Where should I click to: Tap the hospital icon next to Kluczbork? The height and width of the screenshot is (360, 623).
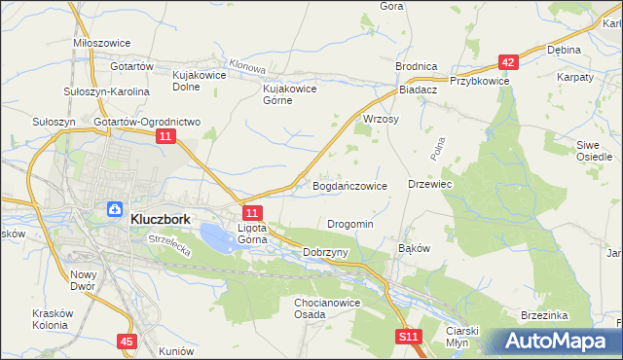coord(114,209)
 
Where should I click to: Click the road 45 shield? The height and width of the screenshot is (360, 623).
coord(127,342)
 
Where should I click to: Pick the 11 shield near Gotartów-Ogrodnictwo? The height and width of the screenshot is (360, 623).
coord(165,139)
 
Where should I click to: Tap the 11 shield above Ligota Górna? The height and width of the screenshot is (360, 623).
coord(252,212)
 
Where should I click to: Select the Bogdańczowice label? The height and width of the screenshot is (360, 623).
coord(349,185)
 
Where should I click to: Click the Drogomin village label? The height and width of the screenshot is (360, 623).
coord(349,224)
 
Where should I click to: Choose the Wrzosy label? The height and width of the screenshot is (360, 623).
coord(381,118)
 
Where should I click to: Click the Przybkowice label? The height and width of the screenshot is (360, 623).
coord(479,82)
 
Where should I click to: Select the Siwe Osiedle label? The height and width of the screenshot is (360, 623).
coord(594,150)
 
